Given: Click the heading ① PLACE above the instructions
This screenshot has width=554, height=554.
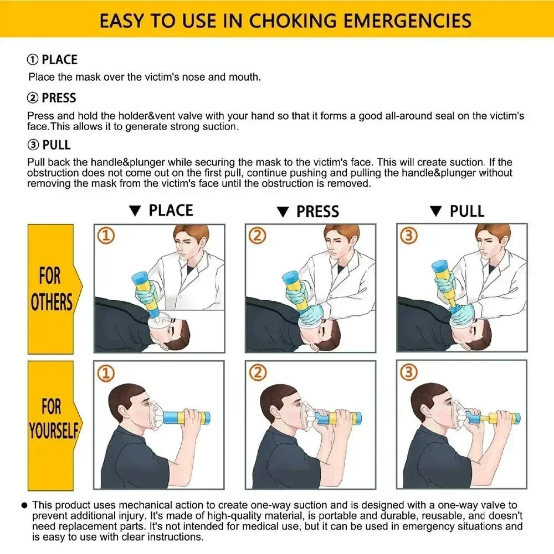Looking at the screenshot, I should point(52,60).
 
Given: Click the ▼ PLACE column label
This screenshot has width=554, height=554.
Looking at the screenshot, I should point(161,211).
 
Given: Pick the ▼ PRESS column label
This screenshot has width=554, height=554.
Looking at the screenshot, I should point(308,212).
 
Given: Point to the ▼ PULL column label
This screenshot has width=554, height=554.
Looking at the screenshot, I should point(457,212).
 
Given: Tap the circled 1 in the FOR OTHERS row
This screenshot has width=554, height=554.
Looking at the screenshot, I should point(106,237).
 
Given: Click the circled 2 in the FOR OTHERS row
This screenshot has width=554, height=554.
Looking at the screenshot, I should point(257,237).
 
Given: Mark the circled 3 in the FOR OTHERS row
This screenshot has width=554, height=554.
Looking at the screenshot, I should point(408,237).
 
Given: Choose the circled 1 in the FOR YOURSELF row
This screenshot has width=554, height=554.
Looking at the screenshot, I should point(106,373).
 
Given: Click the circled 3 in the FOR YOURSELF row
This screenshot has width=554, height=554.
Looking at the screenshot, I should point(408,373).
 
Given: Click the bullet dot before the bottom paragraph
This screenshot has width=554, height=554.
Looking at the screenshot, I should point(24,505).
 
